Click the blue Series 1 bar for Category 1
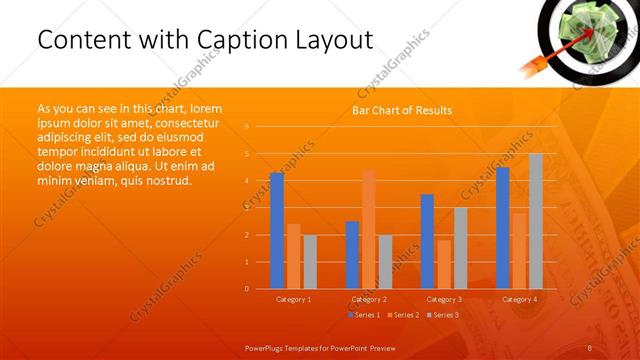tap(277, 231)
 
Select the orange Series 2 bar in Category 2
tap(369, 229)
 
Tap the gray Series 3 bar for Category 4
tap(536, 221)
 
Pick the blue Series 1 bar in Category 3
tap(427, 241)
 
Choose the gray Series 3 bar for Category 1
tap(310, 262)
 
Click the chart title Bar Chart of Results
tap(402, 110)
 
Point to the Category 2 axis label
tap(369, 299)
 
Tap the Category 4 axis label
tap(519, 299)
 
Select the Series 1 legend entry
tap(365, 315)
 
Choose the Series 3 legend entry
tap(443, 315)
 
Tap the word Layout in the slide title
tap(334, 40)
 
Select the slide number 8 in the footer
tap(590, 347)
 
